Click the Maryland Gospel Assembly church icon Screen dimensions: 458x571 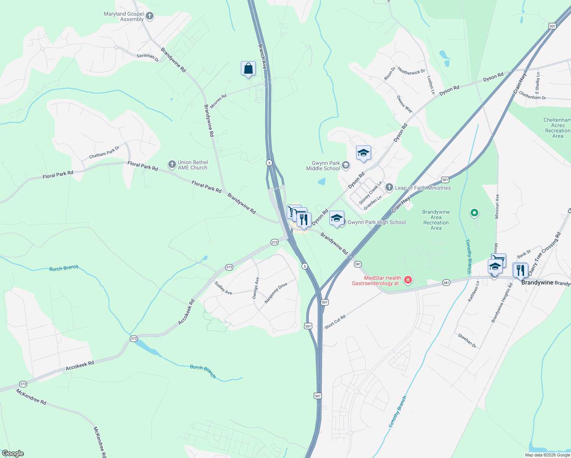150,16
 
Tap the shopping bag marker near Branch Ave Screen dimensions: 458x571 248,69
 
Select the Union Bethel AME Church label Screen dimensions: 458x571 192,165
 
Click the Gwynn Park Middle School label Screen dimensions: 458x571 323,166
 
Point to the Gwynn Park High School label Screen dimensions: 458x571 376,222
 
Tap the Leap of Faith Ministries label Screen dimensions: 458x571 423,188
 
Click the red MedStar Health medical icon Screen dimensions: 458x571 408,281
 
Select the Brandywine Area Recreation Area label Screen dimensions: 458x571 436,220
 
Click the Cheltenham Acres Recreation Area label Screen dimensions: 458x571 557,128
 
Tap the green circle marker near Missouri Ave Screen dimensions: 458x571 474,213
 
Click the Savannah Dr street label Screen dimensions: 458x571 148,57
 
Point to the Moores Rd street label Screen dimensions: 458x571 218,101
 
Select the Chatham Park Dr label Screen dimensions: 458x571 104,152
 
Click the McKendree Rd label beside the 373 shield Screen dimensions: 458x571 31,397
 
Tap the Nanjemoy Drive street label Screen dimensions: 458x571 276,293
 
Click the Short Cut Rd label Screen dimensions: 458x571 335,322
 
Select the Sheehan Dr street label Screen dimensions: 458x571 467,340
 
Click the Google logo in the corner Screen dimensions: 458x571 13,453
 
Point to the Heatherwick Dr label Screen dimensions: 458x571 411,71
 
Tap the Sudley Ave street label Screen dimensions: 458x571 223,288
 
